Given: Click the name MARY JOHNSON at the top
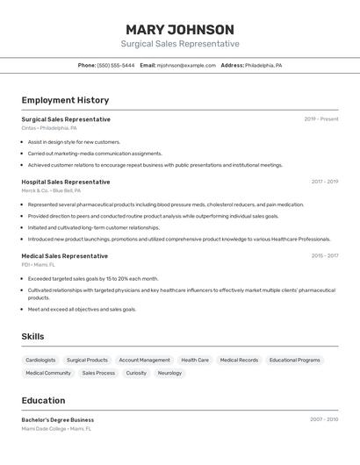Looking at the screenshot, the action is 179,29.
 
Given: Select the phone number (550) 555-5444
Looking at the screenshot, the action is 116,65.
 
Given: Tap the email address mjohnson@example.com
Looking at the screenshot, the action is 186,65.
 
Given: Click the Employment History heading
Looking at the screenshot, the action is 65,100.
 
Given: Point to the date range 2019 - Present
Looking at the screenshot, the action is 321,118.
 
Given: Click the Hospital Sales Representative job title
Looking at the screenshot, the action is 66,182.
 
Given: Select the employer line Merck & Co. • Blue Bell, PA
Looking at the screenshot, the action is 51,190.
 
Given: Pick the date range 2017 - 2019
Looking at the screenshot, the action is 324,182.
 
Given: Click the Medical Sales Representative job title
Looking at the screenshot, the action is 64,255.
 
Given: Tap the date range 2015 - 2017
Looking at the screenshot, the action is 324,255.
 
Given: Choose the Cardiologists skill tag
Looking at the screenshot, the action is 40,360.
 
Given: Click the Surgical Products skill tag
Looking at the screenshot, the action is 87,360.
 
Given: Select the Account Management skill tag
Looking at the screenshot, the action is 144,360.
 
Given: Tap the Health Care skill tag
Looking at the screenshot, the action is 195,360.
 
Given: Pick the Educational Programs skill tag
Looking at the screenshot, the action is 294,360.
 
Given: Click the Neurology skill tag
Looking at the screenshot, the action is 169,373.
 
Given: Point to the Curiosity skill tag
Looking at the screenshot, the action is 136,373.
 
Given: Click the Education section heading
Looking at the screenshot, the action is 43,400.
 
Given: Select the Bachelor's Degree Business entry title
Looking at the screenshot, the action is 58,419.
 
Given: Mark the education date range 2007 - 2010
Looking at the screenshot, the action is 323,419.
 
